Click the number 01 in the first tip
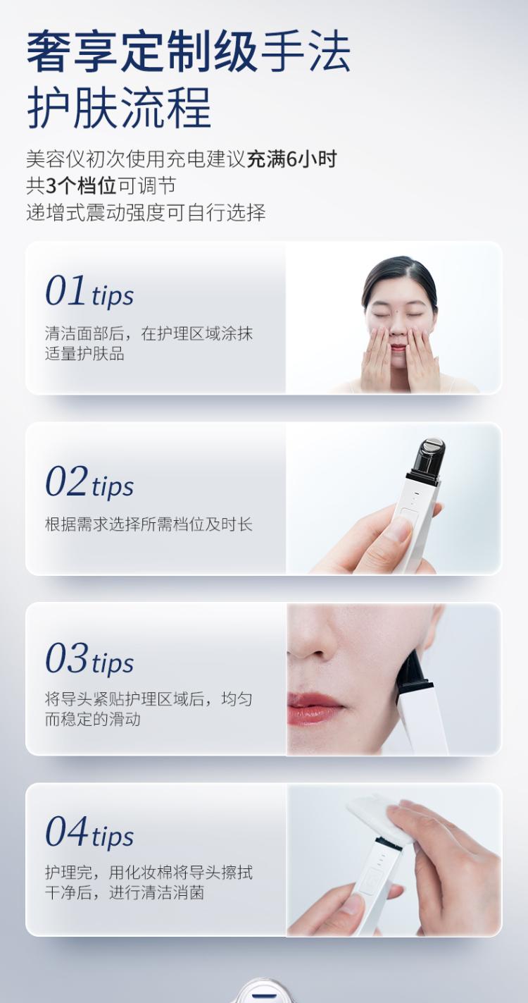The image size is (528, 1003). pyautogui.click(x=65, y=290)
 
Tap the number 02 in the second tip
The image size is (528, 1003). pyautogui.click(x=66, y=481)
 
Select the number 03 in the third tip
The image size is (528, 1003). pyautogui.click(x=66, y=658)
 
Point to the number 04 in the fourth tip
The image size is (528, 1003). pyautogui.click(x=66, y=831)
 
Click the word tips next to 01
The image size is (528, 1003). pyautogui.click(x=113, y=296)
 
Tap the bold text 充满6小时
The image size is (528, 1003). pyautogui.click(x=291, y=159)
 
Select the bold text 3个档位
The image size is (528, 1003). pyautogui.click(x=81, y=185)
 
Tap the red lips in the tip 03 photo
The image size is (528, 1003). pyautogui.click(x=313, y=707)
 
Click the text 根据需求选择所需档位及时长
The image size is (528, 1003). pyautogui.click(x=149, y=524)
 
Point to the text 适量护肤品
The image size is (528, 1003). pyautogui.click(x=84, y=353)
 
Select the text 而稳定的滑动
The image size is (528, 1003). pyautogui.click(x=92, y=719)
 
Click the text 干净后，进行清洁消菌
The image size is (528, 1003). pyautogui.click(x=125, y=892)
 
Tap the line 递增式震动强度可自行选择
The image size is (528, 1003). pyautogui.click(x=146, y=212)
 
